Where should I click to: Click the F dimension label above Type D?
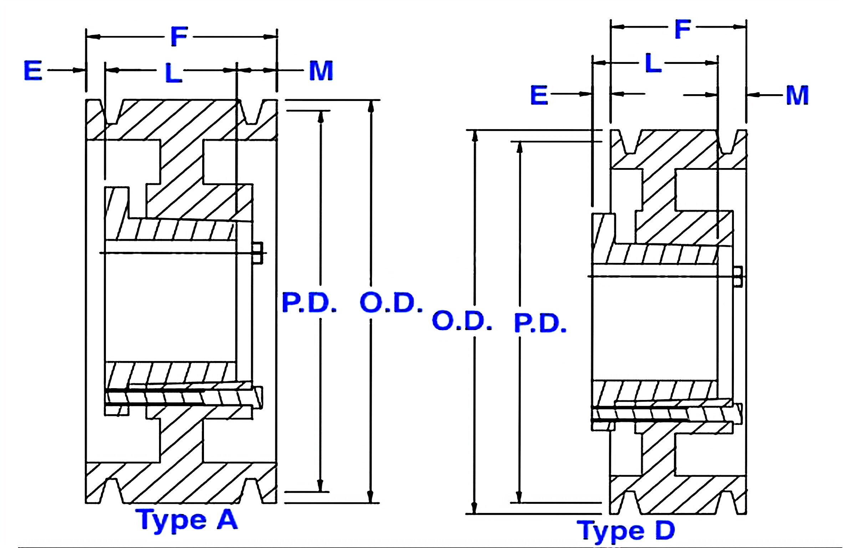pyautogui.click(x=683, y=29)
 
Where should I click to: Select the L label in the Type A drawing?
pyautogui.click(x=174, y=73)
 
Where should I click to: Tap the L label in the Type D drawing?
pyautogui.click(x=653, y=63)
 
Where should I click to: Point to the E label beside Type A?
pyautogui.click(x=33, y=70)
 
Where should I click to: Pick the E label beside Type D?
pyautogui.click(x=539, y=95)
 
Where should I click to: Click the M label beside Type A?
pyautogui.click(x=321, y=70)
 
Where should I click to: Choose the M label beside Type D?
pyautogui.click(x=797, y=95)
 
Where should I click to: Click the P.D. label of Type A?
pyautogui.click(x=309, y=303)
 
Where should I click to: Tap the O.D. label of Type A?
pyautogui.click(x=391, y=303)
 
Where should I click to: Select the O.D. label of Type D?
pyautogui.click(x=462, y=320)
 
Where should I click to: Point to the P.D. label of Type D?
pyautogui.click(x=540, y=324)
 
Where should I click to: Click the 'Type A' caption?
pyautogui.click(x=187, y=521)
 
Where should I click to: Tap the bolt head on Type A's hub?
pyautogui.click(x=257, y=253)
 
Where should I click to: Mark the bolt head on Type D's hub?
pyautogui.click(x=738, y=276)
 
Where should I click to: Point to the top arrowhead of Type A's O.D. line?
pyautogui.click(x=371, y=106)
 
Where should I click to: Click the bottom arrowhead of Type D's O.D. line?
pyautogui.click(x=474, y=508)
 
